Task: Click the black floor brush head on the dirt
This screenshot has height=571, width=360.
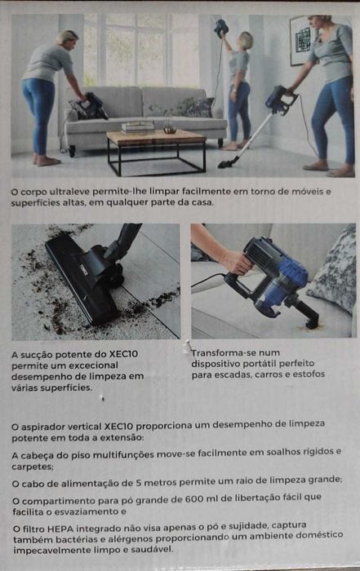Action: tap(82, 277)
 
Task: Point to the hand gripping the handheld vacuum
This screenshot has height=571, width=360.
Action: tap(236, 262)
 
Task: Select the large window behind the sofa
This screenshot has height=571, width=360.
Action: tap(139, 49)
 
